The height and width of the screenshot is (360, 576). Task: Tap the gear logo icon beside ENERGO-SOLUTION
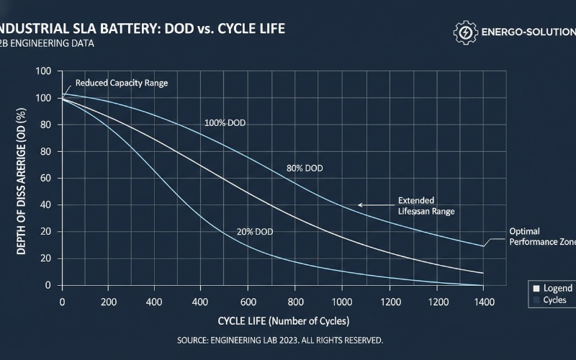pos(465,32)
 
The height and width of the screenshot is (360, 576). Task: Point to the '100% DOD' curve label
pos(225,123)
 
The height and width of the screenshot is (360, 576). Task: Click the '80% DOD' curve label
pos(305,168)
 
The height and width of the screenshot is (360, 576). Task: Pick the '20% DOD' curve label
pos(254,232)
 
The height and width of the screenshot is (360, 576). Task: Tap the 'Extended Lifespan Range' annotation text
pos(426,207)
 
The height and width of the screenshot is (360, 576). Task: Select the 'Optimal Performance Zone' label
pos(541,237)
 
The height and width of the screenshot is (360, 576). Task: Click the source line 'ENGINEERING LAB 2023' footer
pos(279,340)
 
